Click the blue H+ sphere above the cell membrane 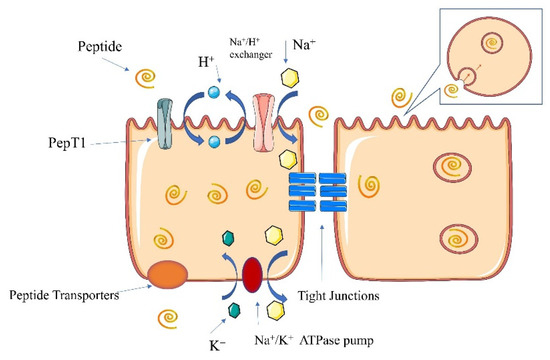(212, 93)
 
